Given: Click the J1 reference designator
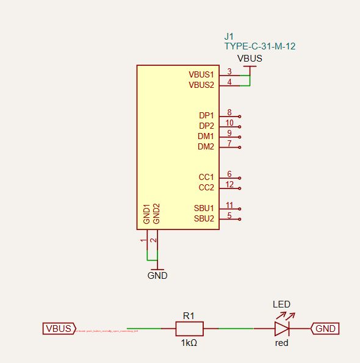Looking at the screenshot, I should click(x=230, y=36).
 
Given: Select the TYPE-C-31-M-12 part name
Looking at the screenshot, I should click(x=261, y=46).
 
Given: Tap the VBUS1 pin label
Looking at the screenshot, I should click(x=201, y=74).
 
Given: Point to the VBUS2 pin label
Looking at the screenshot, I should click(x=201, y=85).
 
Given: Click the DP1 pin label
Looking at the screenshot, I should click(x=206, y=115).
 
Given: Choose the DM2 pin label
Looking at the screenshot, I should click(x=206, y=146).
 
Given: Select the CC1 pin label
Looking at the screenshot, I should click(x=206, y=177).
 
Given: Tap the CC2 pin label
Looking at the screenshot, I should click(x=206, y=187).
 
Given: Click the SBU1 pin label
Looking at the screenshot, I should click(x=204, y=208).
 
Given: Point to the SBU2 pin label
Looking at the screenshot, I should click(x=204, y=218).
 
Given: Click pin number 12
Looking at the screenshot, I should click(x=229, y=184).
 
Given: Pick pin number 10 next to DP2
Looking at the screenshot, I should click(x=229, y=123).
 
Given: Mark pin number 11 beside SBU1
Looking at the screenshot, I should click(x=229, y=204).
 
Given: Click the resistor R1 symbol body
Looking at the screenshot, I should click(x=189, y=329).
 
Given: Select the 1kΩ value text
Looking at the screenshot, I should click(x=189, y=343).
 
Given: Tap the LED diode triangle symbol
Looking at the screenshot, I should click(x=281, y=329).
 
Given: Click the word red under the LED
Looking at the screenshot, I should click(x=281, y=343).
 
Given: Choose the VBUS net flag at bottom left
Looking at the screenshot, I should click(x=59, y=329).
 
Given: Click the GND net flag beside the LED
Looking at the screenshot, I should click(x=325, y=329).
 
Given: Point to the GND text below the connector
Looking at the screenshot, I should click(x=157, y=275).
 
